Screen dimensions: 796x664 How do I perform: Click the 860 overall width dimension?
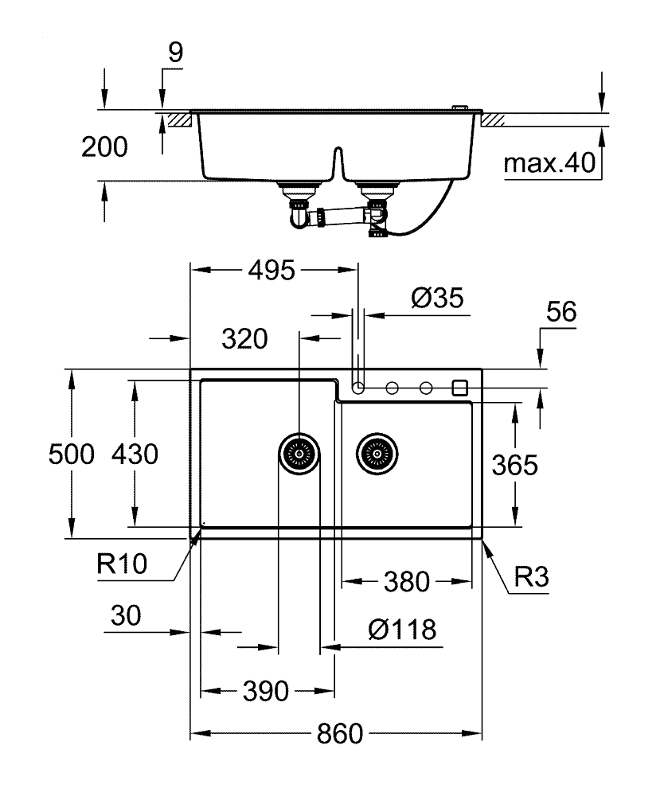point(340,733)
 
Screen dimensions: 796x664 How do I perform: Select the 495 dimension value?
point(268,271)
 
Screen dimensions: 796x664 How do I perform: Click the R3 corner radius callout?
point(529,576)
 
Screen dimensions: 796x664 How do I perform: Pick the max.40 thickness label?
point(549,164)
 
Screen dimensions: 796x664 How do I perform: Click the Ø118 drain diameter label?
point(402,630)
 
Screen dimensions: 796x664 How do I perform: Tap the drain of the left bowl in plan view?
point(299,455)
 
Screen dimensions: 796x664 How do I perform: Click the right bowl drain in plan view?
point(376,455)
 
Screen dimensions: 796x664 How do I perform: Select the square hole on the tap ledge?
point(459,388)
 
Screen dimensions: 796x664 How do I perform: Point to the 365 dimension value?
point(514,464)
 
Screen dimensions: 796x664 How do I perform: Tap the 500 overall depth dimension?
point(71,455)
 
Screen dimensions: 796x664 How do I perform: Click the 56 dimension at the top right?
point(560,313)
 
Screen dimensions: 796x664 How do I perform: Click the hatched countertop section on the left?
point(178,119)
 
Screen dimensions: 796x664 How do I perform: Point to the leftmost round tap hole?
point(358,388)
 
